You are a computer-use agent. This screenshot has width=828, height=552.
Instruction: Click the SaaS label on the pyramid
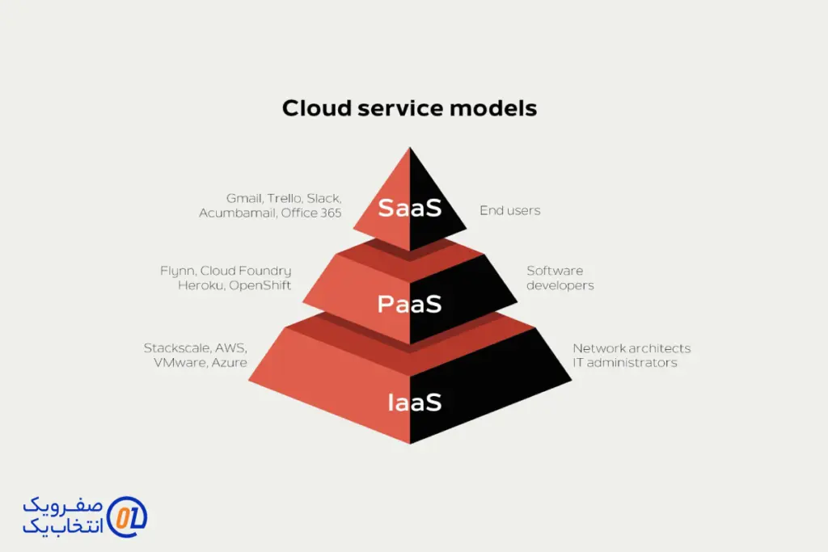410,208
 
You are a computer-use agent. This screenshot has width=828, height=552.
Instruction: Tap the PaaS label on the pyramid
410,305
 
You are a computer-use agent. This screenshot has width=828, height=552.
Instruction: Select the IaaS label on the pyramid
415,402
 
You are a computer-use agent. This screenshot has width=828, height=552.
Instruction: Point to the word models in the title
493,108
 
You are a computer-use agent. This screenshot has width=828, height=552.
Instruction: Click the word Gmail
244,199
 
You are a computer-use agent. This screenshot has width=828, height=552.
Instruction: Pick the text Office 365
311,213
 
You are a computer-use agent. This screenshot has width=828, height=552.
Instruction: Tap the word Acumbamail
239,213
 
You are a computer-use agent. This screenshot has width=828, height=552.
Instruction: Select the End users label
510,211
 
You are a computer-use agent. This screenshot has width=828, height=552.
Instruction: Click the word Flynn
179,272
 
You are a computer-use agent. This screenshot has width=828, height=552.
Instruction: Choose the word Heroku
201,285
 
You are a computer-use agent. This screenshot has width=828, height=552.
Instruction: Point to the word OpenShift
260,285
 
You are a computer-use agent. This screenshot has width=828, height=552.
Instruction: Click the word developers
560,285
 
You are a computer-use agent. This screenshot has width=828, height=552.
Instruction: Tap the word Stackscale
178,348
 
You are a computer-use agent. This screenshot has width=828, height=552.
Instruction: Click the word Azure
229,363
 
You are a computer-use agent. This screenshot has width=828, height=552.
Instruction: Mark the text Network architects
632,348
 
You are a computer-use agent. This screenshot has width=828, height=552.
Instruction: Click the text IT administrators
625,363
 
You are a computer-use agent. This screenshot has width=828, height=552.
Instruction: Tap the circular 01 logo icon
127,517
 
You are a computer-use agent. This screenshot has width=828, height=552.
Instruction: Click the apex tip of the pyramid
410,147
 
